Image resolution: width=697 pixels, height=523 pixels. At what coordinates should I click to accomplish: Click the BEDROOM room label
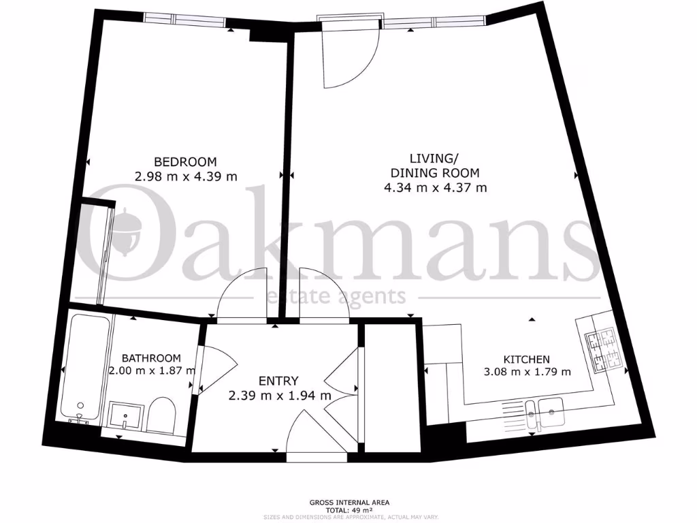point(185,162)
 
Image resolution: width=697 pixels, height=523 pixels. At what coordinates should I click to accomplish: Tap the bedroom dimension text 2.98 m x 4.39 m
point(185,177)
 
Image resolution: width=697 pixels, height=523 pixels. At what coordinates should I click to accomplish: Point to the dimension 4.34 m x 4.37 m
point(435,187)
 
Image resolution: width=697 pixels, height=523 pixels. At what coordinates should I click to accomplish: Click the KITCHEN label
point(526,359)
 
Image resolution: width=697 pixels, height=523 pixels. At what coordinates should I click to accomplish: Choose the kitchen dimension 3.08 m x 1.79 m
point(526,373)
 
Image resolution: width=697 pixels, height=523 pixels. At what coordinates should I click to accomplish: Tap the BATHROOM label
point(151,358)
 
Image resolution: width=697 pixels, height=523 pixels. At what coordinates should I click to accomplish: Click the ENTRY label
point(278,381)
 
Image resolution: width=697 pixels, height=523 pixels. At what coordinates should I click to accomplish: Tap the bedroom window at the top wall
point(184,19)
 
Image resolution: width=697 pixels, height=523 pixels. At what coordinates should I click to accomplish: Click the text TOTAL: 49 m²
point(348,510)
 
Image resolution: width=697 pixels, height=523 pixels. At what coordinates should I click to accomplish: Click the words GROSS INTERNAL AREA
point(348,503)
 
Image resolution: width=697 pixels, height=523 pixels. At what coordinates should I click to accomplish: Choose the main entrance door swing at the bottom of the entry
point(314,436)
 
